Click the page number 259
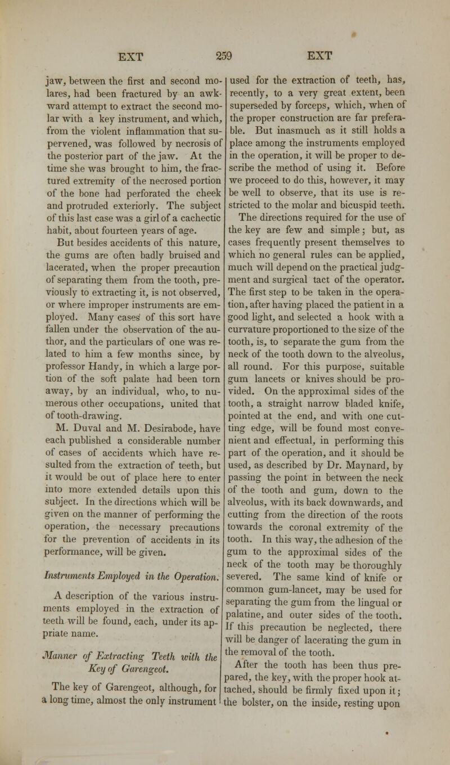coord(225,57)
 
